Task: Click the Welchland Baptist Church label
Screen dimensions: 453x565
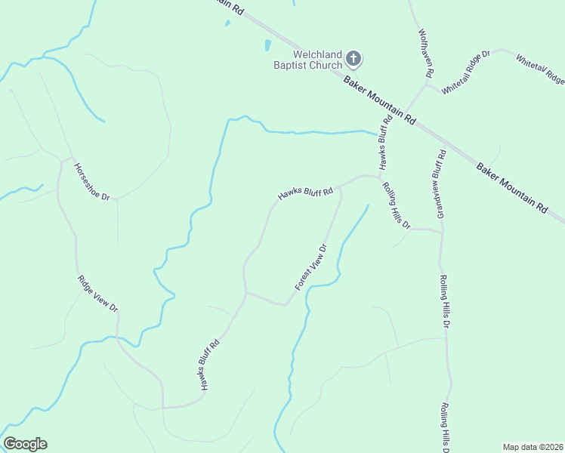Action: [x=307, y=60]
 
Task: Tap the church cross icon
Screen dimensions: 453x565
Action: [x=354, y=58]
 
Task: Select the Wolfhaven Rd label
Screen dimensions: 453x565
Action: [x=425, y=54]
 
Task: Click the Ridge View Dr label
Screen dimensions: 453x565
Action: [x=98, y=294]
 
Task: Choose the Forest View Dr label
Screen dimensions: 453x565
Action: [x=311, y=267]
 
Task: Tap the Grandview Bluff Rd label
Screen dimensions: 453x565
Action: [x=440, y=184]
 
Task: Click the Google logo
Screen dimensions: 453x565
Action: [x=25, y=444]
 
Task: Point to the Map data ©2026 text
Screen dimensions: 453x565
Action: [x=533, y=447]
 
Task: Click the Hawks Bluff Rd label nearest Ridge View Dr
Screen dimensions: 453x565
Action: [x=209, y=365]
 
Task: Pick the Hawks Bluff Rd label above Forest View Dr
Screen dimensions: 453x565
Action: [x=305, y=194]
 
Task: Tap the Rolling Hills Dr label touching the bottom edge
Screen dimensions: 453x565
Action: [x=446, y=427]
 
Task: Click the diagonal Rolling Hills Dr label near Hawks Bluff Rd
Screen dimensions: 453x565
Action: [x=396, y=206]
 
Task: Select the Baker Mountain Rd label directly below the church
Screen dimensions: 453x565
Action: [x=380, y=100]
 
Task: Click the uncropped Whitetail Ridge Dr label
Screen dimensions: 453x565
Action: [x=466, y=72]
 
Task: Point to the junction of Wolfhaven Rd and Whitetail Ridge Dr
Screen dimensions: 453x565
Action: [x=428, y=85]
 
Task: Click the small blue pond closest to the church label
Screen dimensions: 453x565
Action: [x=267, y=45]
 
